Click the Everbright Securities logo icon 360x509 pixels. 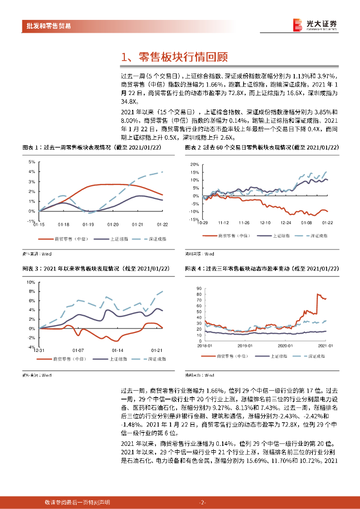(297, 25)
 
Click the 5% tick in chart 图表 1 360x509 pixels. (31, 162)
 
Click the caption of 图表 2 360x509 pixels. (262, 148)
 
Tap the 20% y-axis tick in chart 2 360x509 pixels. (195, 164)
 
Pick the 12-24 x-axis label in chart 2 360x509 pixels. (285, 223)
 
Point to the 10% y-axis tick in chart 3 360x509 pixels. (30, 282)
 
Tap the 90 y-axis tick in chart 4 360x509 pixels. (199, 288)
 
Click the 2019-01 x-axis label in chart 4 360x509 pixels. (245, 345)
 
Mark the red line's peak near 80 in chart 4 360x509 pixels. (318, 295)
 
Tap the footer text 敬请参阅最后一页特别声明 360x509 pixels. (77, 502)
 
